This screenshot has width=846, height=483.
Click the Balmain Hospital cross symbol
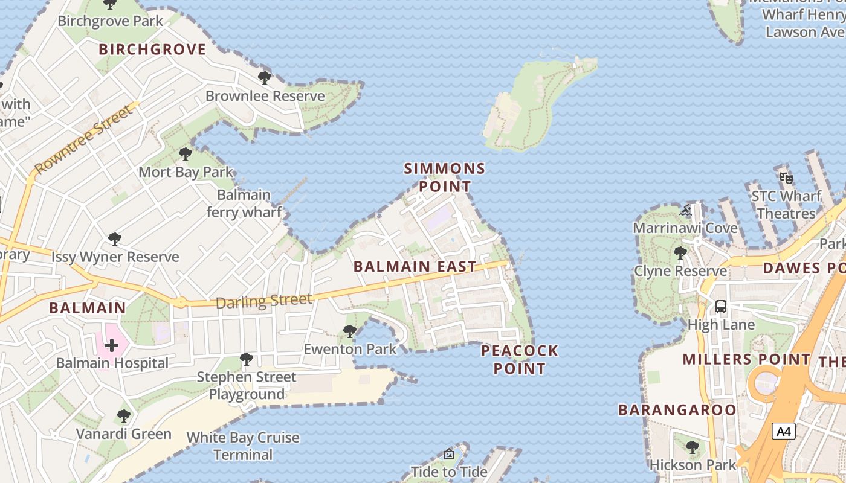[112, 345]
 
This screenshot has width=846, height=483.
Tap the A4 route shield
[783, 432]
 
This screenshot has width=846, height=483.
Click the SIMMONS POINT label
[445, 177]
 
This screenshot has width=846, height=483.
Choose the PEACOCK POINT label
[520, 359]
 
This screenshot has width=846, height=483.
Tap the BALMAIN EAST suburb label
[415, 266]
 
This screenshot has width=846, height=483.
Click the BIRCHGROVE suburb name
[152, 50]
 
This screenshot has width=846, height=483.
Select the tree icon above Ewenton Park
[349, 331]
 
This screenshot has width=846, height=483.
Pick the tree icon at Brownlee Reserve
[264, 77]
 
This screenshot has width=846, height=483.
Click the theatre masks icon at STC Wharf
[786, 178]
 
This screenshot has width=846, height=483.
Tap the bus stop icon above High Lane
[721, 306]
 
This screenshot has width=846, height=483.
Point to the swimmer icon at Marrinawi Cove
[685, 210]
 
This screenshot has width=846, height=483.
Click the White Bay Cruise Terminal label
[243, 446]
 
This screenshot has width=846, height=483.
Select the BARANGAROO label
[677, 410]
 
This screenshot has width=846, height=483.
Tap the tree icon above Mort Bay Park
[186, 153]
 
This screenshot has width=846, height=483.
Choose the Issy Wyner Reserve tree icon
[115, 239]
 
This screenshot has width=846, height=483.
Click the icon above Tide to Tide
[449, 454]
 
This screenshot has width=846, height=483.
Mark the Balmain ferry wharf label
[244, 203]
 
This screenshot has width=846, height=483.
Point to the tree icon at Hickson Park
[693, 447]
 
